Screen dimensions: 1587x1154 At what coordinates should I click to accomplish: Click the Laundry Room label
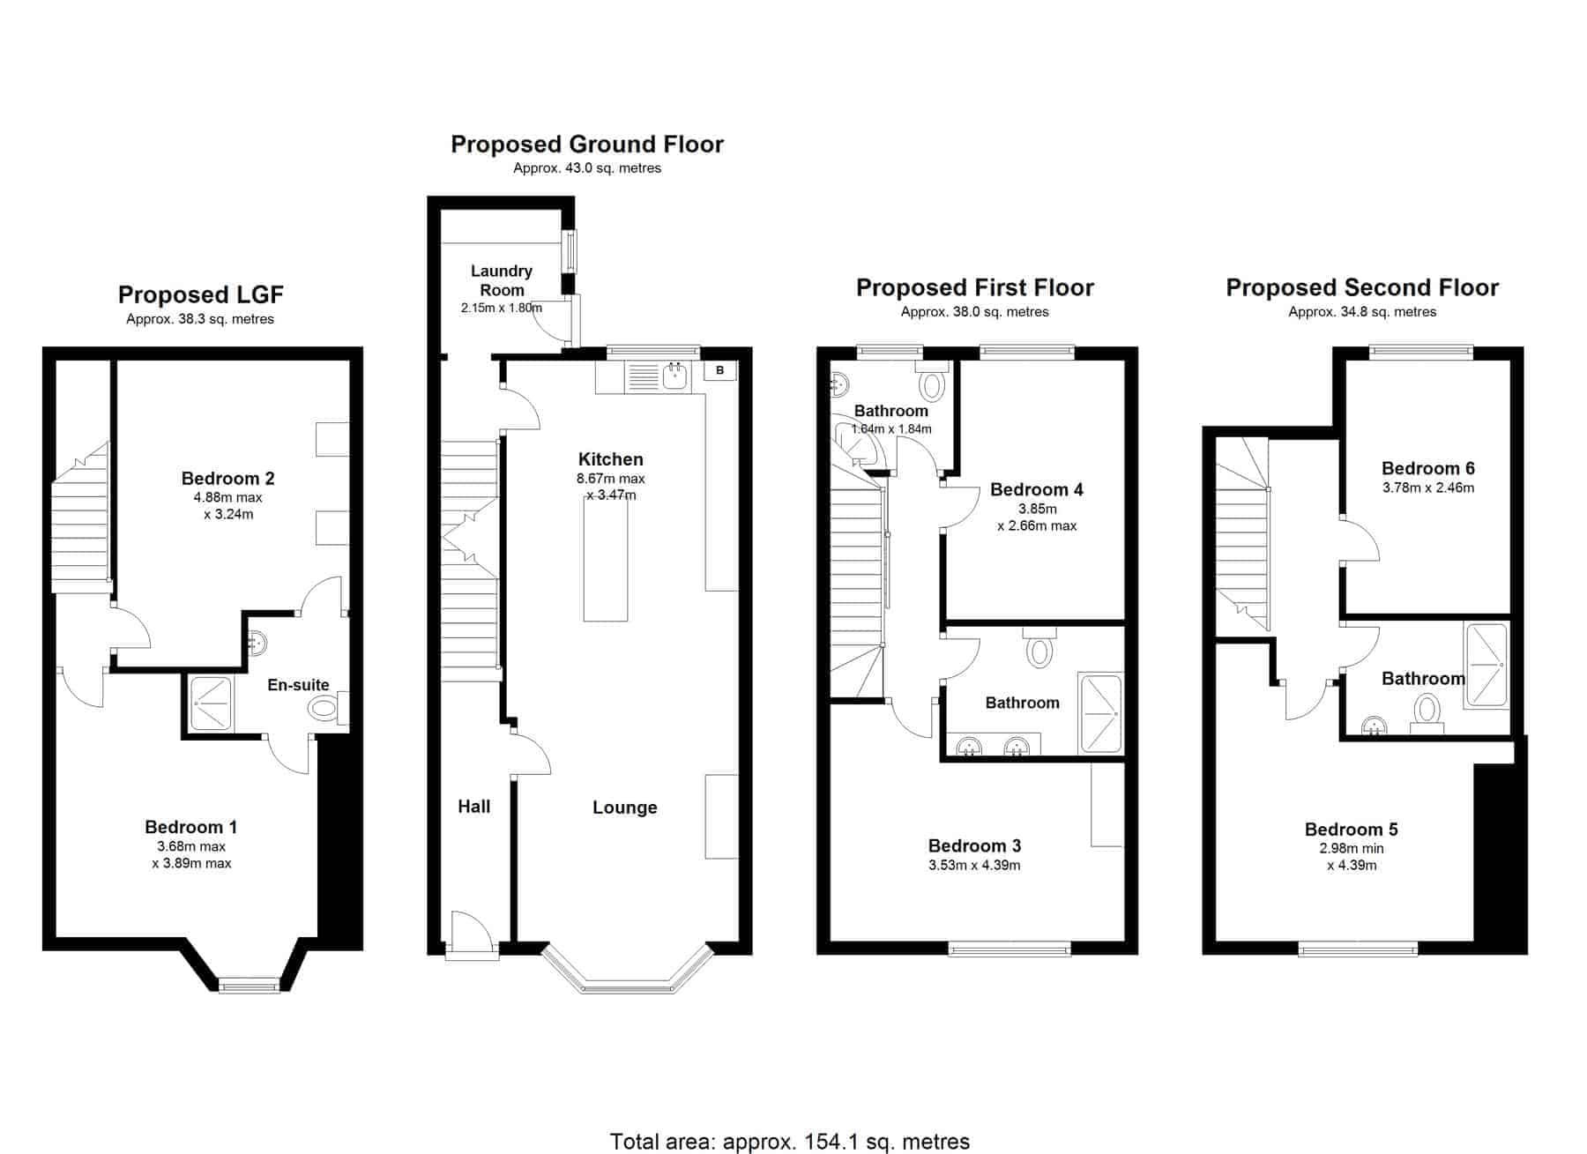click(x=502, y=280)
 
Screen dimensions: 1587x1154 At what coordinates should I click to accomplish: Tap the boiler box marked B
click(x=720, y=370)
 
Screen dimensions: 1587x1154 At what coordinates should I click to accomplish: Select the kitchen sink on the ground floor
click(x=675, y=376)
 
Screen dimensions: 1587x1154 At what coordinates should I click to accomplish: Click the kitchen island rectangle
click(x=606, y=560)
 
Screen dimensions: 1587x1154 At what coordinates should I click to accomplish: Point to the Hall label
click(x=474, y=806)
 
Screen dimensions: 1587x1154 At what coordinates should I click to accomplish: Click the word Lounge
click(x=625, y=808)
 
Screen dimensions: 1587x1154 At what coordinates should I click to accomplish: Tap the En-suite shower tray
click(x=211, y=704)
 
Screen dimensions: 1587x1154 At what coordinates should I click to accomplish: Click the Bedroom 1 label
click(x=191, y=827)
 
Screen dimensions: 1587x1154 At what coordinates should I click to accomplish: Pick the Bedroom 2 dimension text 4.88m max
click(x=228, y=497)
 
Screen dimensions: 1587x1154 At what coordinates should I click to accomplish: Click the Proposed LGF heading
click(x=201, y=294)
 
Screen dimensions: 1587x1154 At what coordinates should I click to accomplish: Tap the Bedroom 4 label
click(x=1037, y=489)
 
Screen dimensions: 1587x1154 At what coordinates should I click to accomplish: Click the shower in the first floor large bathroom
click(x=1100, y=714)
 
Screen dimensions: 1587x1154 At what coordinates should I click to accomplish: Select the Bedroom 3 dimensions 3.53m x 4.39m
click(x=974, y=865)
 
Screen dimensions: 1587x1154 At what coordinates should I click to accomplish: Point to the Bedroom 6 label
click(x=1428, y=468)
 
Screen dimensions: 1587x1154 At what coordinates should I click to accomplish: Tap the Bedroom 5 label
click(x=1352, y=830)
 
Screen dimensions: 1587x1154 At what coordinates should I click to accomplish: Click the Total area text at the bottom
click(x=790, y=1142)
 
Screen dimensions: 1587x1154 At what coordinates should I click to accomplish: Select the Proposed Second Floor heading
click(x=1362, y=287)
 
